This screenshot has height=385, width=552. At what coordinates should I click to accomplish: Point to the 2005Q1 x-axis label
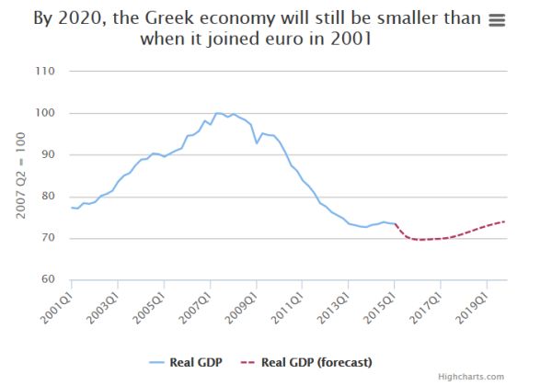[x=152, y=305]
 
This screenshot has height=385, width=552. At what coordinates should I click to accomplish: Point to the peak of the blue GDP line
[x=218, y=113]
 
